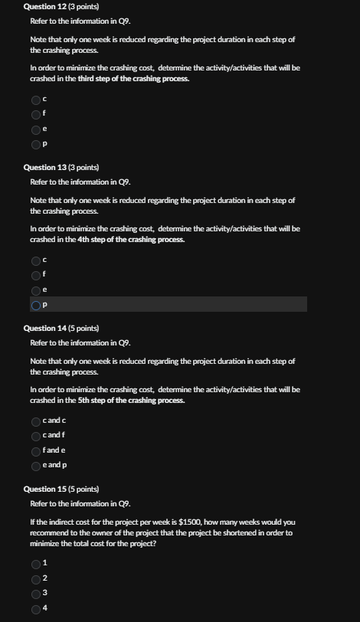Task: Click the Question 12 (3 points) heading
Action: (61, 6)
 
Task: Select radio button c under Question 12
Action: (36, 100)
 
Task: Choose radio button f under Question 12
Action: (36, 114)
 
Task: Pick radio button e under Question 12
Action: (36, 129)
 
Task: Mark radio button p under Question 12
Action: (36, 143)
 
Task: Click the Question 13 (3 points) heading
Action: (61, 167)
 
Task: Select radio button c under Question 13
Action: (36, 260)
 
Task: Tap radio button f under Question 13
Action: (36, 275)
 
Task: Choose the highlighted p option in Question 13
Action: (36, 305)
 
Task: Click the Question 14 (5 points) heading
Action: (61, 328)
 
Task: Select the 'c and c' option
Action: (36, 421)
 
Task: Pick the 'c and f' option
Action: (36, 436)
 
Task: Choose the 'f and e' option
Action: (36, 450)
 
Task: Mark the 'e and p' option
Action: (36, 465)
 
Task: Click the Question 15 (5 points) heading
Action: (61, 489)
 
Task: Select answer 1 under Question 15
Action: (36, 564)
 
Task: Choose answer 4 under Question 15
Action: (36, 608)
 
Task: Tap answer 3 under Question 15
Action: (36, 593)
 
